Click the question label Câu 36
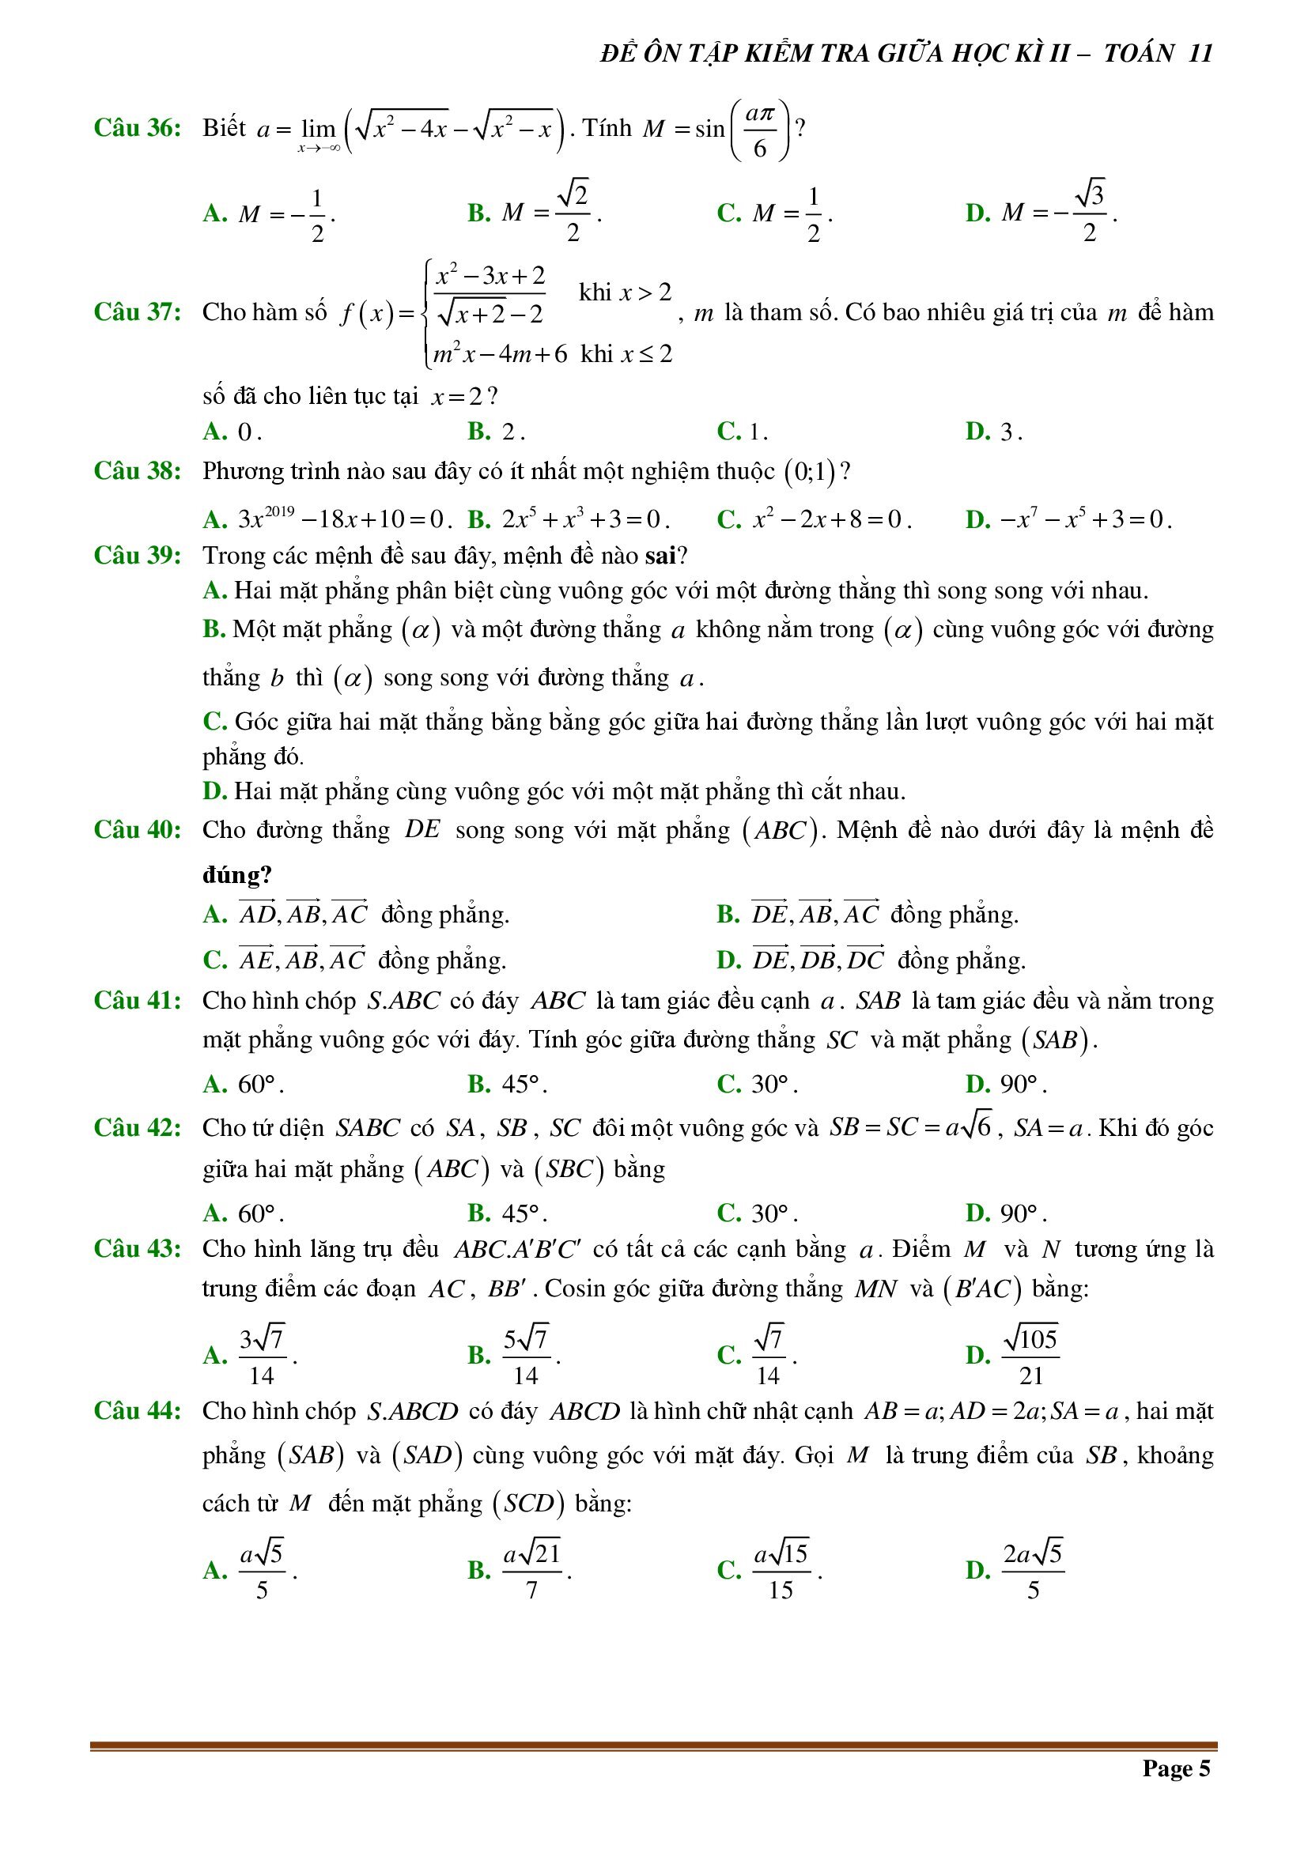click(x=137, y=128)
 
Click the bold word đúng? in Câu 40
click(x=236, y=874)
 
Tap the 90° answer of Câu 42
click(x=1020, y=1213)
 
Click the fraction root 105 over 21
click(x=1030, y=1356)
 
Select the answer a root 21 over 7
click(x=531, y=1571)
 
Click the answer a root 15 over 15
click(x=781, y=1571)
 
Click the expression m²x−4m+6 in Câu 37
click(x=499, y=354)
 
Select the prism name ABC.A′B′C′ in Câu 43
click(x=517, y=1249)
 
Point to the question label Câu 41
click(x=137, y=1000)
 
